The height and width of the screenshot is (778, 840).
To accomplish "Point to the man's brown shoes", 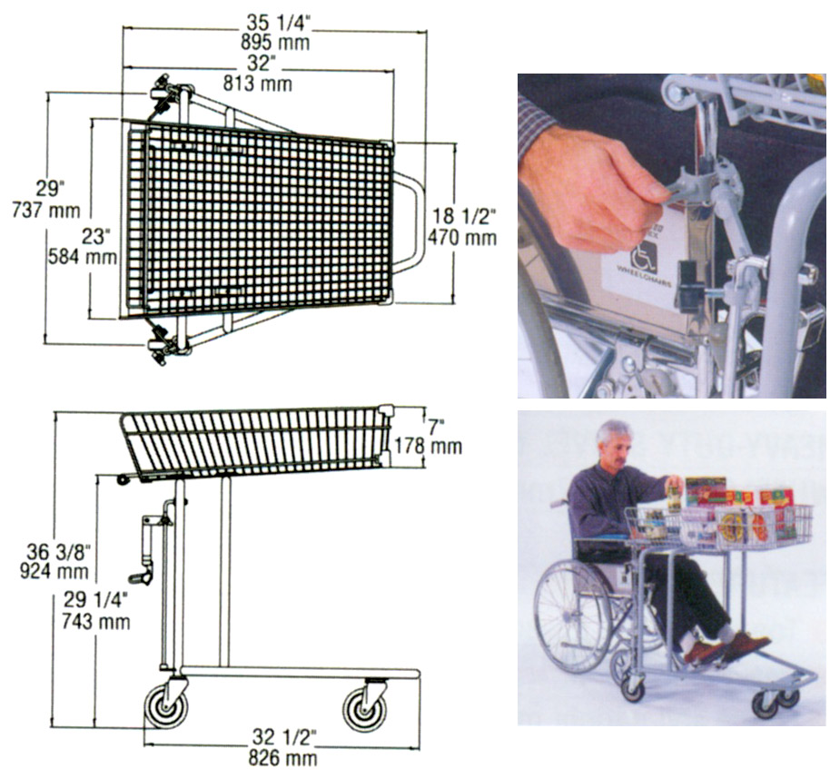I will (x=722, y=647).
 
